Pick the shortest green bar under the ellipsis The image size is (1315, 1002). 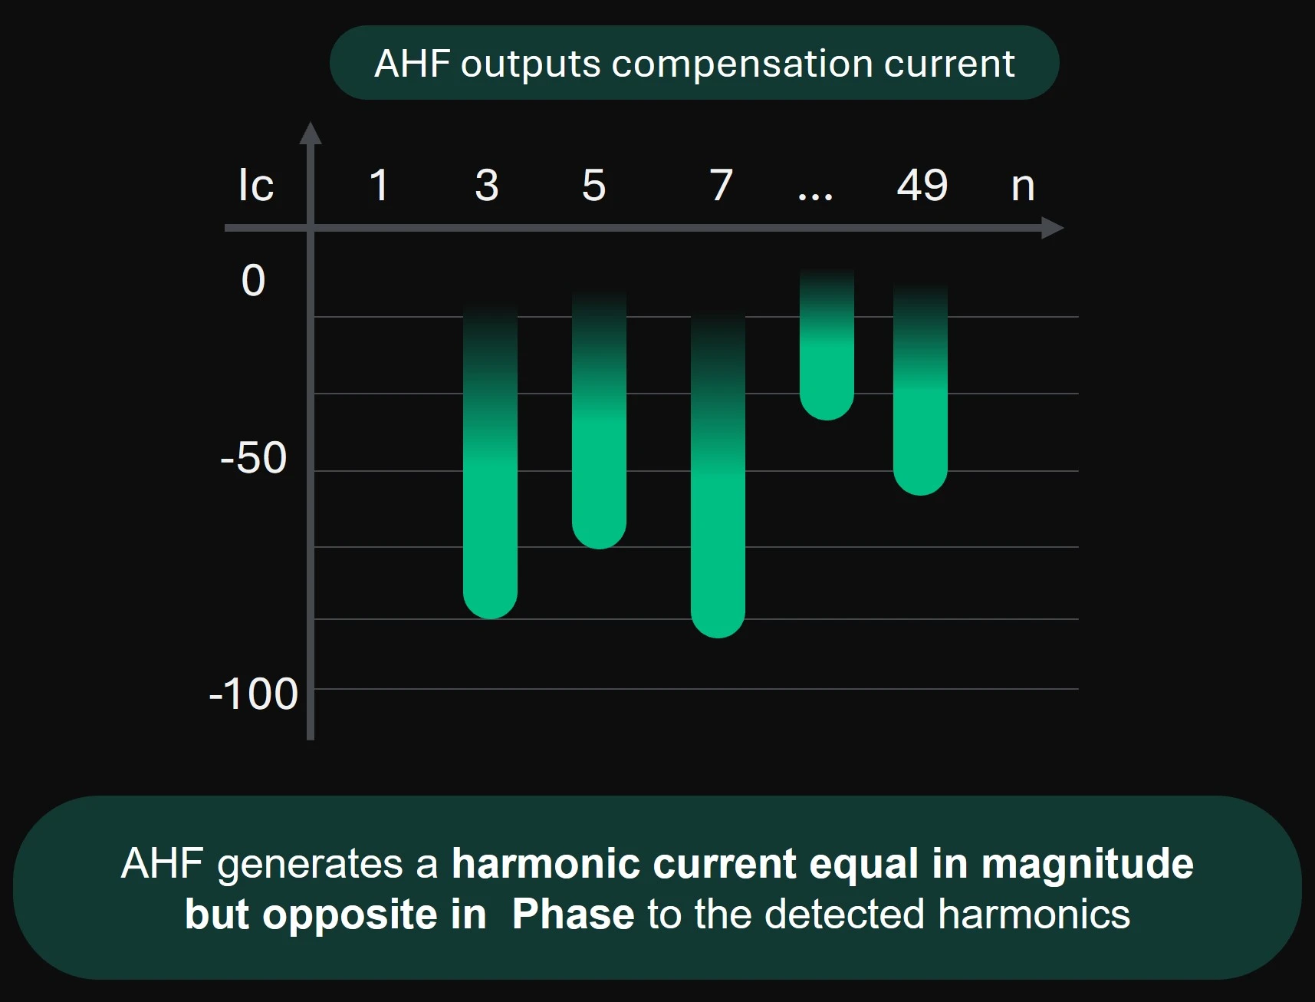tap(827, 345)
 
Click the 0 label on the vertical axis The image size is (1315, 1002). tap(253, 280)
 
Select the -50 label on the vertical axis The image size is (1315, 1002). tap(253, 458)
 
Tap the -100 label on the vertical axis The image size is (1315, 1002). tap(253, 694)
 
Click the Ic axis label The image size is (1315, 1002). tap(255, 185)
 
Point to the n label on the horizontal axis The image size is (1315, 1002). tap(1023, 187)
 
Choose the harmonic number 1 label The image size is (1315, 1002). tap(379, 185)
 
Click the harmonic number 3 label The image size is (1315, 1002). tap(487, 185)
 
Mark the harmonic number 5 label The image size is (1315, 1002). tap(594, 185)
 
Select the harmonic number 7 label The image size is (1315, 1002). tap(722, 185)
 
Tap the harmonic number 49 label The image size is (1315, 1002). tap(922, 185)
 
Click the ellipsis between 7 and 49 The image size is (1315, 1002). tap(815, 197)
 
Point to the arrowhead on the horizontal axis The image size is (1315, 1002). tap(1052, 228)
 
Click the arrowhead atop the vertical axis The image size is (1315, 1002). tap(311, 133)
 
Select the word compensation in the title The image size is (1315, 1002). tap(742, 64)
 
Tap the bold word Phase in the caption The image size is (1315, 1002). tap(573, 915)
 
